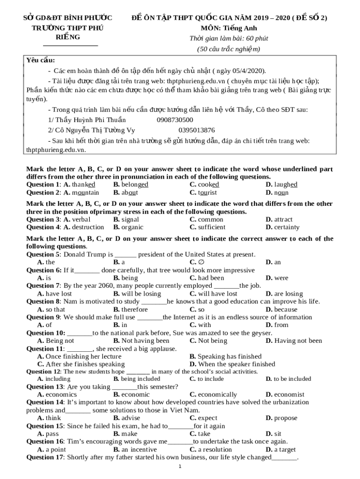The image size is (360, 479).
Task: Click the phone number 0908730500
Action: tap(175, 120)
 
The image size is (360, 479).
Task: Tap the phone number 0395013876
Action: tap(197, 130)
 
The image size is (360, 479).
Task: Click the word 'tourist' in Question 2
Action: tap(207, 192)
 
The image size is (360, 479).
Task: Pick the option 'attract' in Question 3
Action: tap(283, 219)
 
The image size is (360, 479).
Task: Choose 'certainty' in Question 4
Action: tap(287, 227)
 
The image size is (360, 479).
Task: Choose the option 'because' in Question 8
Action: tap(285, 310)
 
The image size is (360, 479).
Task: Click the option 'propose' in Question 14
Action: tap(285, 418)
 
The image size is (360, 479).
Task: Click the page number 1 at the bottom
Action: tap(180, 466)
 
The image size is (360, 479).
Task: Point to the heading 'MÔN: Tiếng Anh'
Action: tap(229, 28)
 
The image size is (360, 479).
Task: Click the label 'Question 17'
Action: tap(44, 457)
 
